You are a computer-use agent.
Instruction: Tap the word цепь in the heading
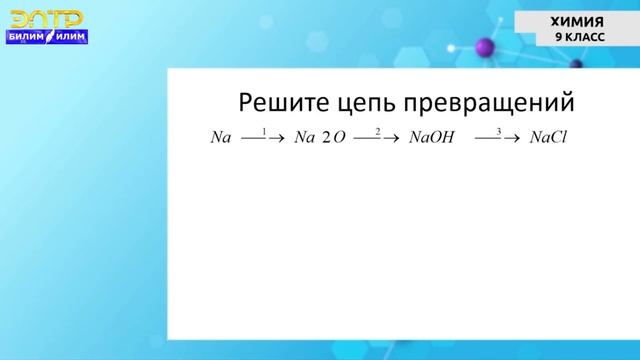[x=367, y=103]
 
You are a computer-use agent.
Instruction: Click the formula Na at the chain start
[x=221, y=138]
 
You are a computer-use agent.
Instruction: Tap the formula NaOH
[x=432, y=138]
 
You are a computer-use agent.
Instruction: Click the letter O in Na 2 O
[x=339, y=138]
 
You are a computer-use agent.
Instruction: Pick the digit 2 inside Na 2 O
[x=326, y=138]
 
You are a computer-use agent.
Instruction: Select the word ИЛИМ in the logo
[x=71, y=37]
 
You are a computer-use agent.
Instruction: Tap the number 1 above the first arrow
[x=263, y=132]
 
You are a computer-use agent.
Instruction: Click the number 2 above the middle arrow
[x=377, y=132]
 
